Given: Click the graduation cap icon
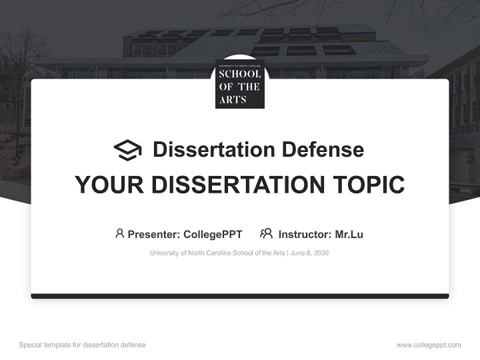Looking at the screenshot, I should click(127, 149).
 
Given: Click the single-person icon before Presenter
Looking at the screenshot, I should click(119, 233).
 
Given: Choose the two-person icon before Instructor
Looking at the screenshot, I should click(266, 233).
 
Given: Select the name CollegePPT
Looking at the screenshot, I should click(213, 234).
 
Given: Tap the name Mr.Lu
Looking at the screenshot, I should click(349, 234).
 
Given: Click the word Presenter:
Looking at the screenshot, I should click(154, 234).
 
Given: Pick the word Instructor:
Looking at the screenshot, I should click(304, 234).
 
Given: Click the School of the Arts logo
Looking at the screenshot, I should click(240, 83).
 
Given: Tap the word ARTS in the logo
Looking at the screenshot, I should click(233, 99).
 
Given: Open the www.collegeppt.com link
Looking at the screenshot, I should click(428, 345).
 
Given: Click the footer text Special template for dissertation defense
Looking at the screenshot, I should click(82, 345).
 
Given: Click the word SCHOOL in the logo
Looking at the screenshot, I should click(240, 74).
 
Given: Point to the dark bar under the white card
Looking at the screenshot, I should click(240, 296).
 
